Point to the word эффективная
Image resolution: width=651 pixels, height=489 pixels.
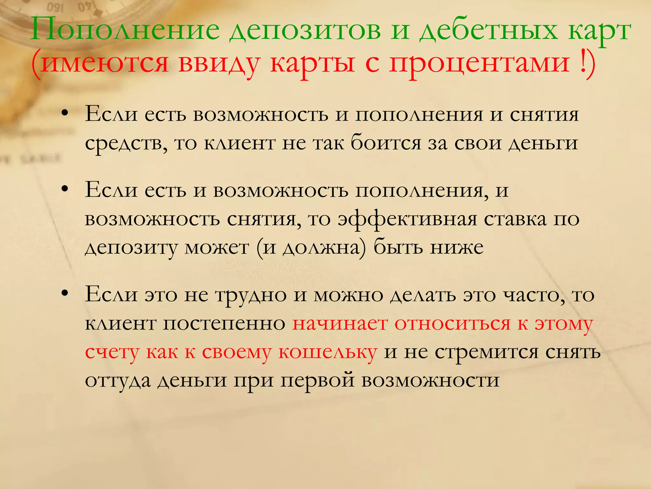point(407,219)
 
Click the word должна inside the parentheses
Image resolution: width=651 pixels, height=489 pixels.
point(321,247)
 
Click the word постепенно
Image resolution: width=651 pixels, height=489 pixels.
point(224,324)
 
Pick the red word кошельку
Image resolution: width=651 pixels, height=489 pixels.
point(328,352)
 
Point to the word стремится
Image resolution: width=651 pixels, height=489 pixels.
point(486,352)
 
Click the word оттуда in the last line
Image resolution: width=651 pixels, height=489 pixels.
point(118,380)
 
